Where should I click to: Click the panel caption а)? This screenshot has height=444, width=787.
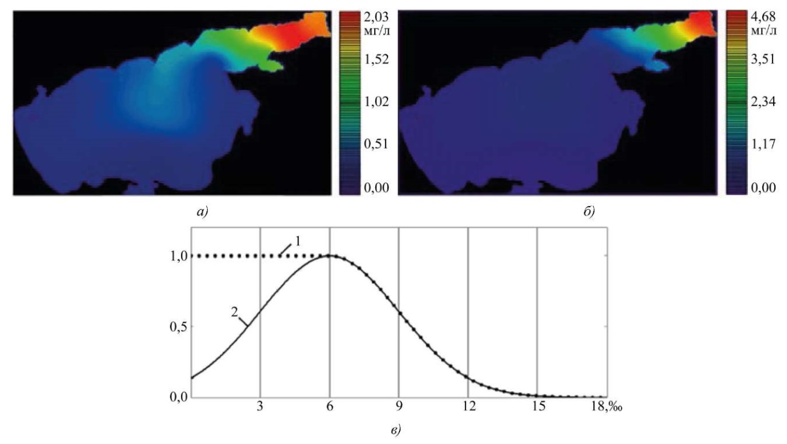click(196, 212)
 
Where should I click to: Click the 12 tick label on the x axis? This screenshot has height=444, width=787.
click(468, 407)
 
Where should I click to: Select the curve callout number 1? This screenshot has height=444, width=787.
click(297, 241)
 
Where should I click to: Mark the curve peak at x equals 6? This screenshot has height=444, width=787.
click(330, 256)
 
